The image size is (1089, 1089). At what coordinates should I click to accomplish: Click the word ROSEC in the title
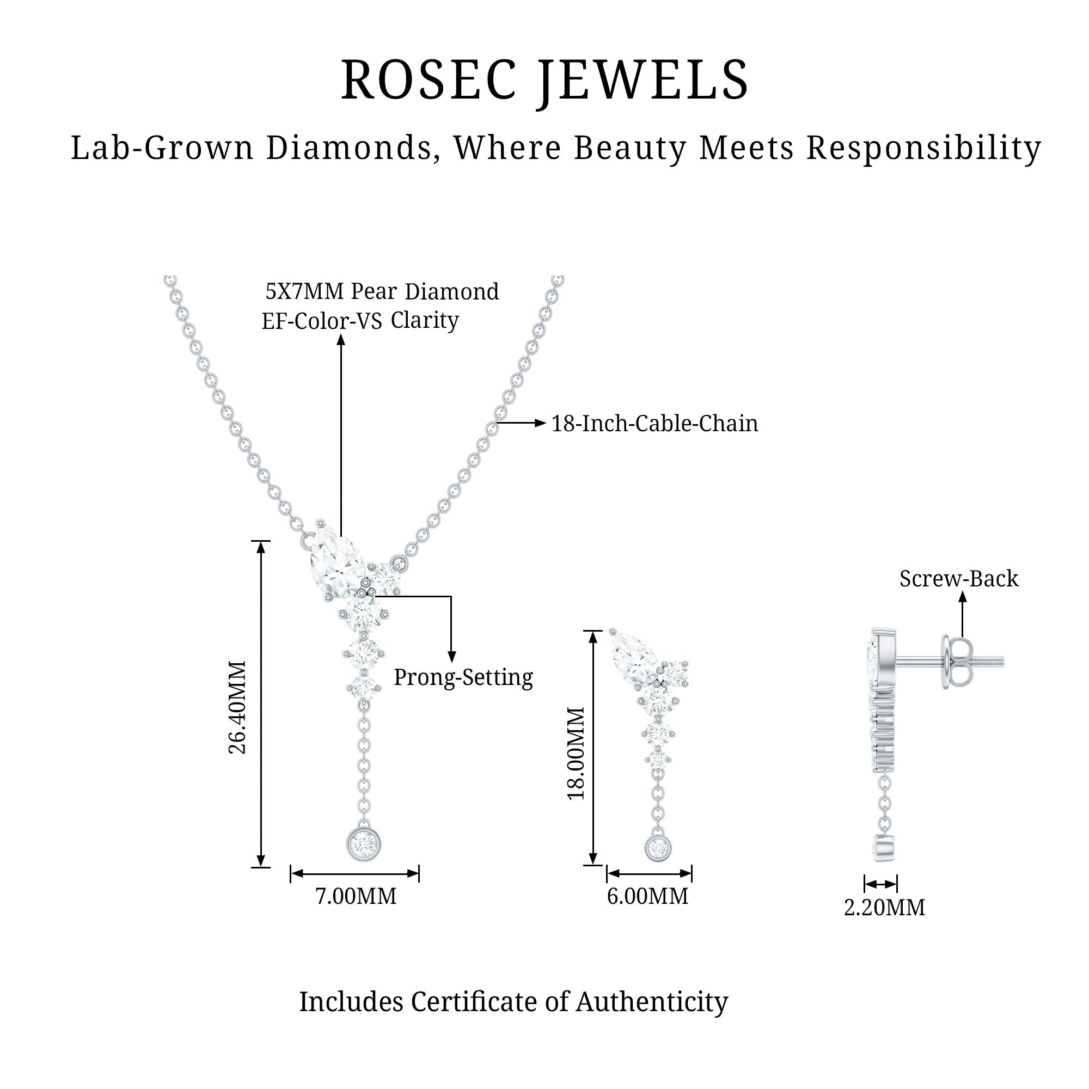click(x=429, y=80)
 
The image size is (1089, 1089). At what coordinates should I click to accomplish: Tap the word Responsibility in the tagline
click(x=923, y=148)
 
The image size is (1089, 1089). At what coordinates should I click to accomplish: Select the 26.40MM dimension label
click(x=237, y=707)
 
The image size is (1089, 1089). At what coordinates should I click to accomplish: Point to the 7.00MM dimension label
click(x=356, y=896)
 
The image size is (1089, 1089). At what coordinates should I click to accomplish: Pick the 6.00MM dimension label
click(x=647, y=896)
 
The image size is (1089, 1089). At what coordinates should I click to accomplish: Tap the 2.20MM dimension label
click(x=884, y=908)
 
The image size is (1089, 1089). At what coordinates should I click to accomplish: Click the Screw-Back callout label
click(x=959, y=578)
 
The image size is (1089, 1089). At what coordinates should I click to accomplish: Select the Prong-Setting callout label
click(x=463, y=677)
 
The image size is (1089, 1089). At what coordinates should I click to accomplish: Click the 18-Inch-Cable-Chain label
click(x=654, y=423)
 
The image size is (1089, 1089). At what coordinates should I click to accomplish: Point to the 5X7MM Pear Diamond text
click(x=382, y=291)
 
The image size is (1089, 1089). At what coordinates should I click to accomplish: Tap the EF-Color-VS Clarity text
click(x=360, y=320)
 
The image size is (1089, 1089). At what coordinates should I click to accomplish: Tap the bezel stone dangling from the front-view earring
click(x=657, y=847)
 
